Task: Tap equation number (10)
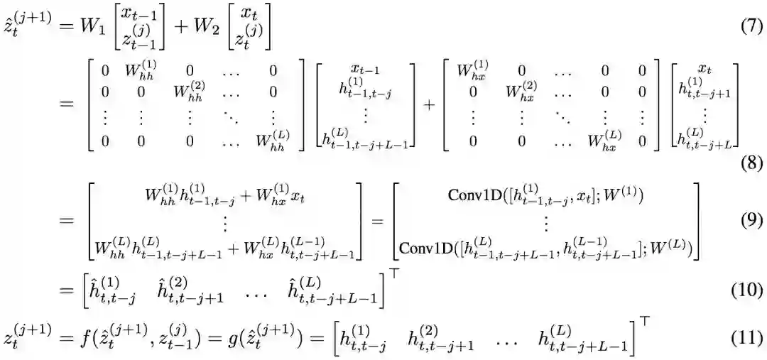click(x=747, y=290)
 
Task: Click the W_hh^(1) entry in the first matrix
click(x=139, y=72)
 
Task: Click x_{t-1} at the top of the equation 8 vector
click(x=367, y=69)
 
